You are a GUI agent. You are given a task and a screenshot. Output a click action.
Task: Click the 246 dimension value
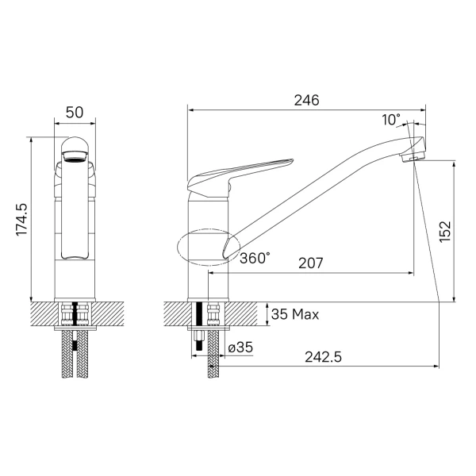pos(306,100)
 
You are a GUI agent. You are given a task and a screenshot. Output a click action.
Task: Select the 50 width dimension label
pos(75,113)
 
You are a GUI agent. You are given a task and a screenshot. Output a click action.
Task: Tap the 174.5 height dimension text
pos(22,219)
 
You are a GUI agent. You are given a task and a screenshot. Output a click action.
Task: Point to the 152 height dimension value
pos(445,232)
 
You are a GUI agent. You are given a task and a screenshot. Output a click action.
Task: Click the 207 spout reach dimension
pos(310,263)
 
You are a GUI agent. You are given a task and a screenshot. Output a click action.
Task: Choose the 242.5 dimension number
pos(324,357)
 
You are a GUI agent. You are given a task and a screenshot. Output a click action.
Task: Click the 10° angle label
pos(391,120)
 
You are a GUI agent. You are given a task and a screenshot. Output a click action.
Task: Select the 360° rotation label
pos(255,259)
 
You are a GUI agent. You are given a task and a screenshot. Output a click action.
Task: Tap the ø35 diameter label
pos(240,347)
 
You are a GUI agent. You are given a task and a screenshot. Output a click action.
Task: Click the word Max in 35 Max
pos(305,314)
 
